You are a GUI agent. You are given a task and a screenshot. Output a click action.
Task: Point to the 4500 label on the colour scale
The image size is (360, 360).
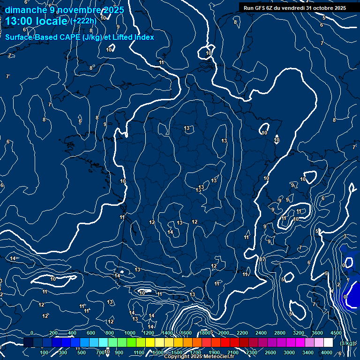[336, 333]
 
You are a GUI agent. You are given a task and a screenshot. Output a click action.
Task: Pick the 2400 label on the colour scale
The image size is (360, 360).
[261, 333]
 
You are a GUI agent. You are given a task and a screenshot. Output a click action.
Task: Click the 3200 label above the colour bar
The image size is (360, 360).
[299, 333]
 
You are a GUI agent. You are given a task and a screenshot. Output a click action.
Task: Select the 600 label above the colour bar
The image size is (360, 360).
[91, 333]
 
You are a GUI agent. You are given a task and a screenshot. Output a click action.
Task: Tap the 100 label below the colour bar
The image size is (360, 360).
[45, 352]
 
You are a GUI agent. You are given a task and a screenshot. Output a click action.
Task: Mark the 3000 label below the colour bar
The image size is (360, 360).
[289, 352]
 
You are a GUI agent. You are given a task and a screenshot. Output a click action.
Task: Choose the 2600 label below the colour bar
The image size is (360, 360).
[270, 352]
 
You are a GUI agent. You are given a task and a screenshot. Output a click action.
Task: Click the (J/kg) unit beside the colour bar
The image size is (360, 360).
[347, 343]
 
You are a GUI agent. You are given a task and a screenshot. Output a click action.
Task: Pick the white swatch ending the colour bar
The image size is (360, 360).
[328, 343]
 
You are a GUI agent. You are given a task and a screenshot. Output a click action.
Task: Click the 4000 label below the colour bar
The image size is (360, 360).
[327, 352]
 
